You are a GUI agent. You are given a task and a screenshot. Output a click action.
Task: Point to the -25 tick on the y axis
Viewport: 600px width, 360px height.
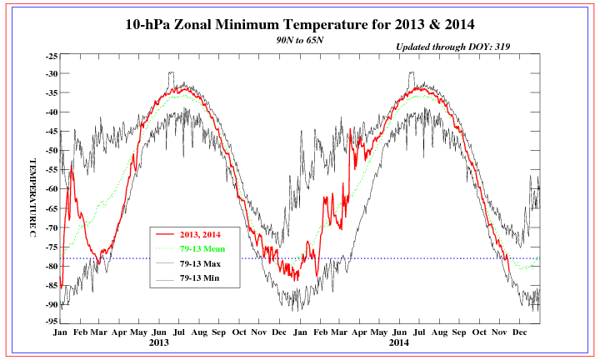coord(51,56)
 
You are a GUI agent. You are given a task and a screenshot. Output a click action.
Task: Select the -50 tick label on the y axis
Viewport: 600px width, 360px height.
coord(51,151)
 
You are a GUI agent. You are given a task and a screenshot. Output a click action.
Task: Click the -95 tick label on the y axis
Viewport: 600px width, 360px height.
coord(51,322)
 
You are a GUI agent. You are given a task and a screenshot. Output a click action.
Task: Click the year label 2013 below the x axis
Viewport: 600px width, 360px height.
coord(159,342)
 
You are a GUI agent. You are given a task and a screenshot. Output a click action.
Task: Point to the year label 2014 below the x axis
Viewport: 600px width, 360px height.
coord(398,342)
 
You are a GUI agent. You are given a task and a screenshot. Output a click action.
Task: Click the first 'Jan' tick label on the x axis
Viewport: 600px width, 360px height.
coord(60,332)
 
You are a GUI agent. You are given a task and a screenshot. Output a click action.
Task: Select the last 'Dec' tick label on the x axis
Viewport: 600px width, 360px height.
coord(519,332)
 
